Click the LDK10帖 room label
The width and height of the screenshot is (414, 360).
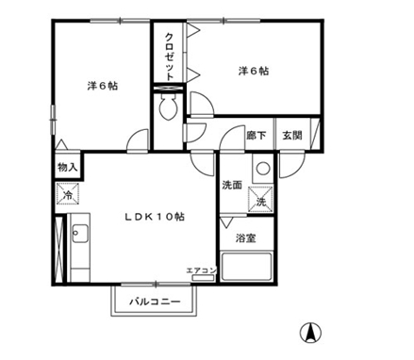pyautogui.click(x=155, y=217)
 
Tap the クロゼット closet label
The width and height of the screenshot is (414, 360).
pyautogui.click(x=170, y=57)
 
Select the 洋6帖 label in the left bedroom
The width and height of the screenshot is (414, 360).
pyautogui.click(x=103, y=86)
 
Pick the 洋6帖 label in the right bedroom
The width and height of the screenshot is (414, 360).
pyautogui.click(x=254, y=71)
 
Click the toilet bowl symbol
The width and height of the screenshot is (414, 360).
pyautogui.click(x=169, y=107)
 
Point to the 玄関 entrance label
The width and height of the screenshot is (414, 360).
pyautogui.click(x=292, y=136)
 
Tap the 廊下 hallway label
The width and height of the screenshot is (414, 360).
pyautogui.click(x=257, y=136)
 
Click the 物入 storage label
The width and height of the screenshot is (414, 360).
pyautogui.click(x=68, y=168)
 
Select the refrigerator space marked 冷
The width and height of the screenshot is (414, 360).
pyautogui.click(x=68, y=194)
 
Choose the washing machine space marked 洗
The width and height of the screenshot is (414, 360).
pyautogui.click(x=261, y=198)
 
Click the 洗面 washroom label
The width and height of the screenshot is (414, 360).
pyautogui.click(x=232, y=185)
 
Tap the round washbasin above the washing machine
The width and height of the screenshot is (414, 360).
pyautogui.click(x=263, y=168)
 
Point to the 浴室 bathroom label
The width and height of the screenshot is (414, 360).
pyautogui.click(x=246, y=238)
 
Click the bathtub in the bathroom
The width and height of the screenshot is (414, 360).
pyautogui.click(x=247, y=267)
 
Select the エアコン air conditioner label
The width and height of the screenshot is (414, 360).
pyautogui.click(x=202, y=270)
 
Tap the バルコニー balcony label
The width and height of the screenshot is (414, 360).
pyautogui.click(x=156, y=302)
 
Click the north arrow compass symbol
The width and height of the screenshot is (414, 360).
pyautogui.click(x=310, y=333)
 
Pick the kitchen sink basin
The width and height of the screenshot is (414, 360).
pyautogui.click(x=80, y=234)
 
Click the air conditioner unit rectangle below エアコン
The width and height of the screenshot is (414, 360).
pyautogui.click(x=203, y=278)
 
